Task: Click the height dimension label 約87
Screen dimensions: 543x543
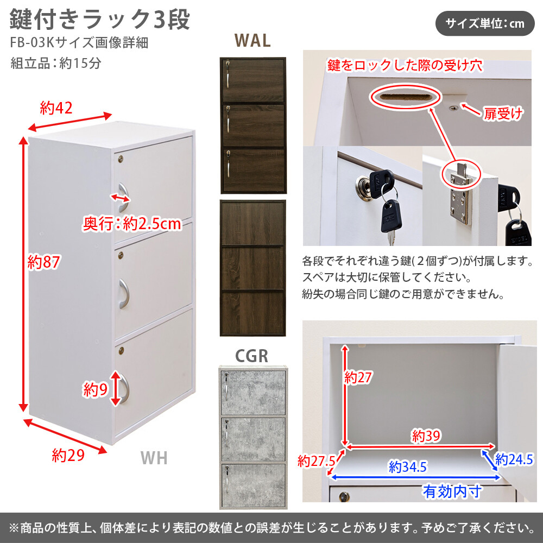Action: pyautogui.click(x=43, y=262)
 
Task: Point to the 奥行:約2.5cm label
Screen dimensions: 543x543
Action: pyautogui.click(x=131, y=223)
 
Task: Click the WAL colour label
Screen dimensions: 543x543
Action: pyautogui.click(x=252, y=41)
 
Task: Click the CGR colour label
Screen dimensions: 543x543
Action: pyautogui.click(x=252, y=356)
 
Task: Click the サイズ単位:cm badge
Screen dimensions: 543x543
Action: pyautogui.click(x=485, y=23)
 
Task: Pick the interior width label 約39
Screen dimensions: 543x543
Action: pyautogui.click(x=426, y=435)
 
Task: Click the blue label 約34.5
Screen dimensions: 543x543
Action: pyautogui.click(x=407, y=466)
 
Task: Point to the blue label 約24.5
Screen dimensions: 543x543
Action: pyautogui.click(x=514, y=460)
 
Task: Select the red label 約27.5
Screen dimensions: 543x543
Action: pyautogui.click(x=316, y=461)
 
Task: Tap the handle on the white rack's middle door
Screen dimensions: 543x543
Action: pyautogui.click(x=124, y=293)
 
